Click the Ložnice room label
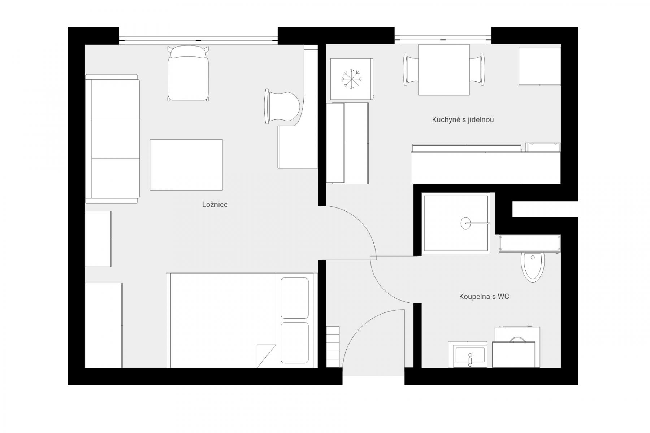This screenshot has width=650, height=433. click(215, 205)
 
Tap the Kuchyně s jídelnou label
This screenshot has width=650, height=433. click(463, 119)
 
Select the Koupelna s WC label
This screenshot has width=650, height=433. click(484, 297)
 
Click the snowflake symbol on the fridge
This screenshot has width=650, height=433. click(351, 79)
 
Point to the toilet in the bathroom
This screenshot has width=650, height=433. click(533, 267)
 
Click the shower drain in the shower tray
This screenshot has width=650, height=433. click(466, 223)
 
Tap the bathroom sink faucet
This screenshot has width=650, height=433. click(470, 360)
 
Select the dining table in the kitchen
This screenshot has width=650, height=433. click(444, 70)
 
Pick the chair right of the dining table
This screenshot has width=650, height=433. click(477, 70)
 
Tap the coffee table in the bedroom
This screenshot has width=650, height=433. click(186, 165)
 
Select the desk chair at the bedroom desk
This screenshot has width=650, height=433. click(282, 106)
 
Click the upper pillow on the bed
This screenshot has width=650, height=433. click(295, 298)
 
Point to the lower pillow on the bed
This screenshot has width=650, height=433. click(295, 342)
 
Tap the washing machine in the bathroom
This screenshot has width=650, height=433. click(516, 347)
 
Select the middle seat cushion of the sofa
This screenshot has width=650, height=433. click(116, 139)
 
